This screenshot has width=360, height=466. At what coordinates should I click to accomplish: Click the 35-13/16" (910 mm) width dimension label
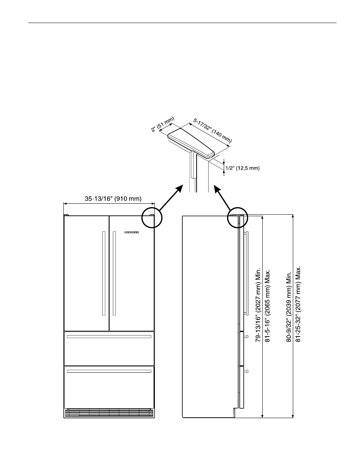[113, 198]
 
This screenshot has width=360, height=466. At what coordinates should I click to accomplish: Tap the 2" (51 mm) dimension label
[162, 125]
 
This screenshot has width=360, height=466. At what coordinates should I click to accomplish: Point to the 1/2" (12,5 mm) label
[242, 168]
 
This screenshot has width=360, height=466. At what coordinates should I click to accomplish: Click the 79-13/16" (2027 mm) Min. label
[258, 305]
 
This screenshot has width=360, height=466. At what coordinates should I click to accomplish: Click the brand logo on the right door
[132, 232]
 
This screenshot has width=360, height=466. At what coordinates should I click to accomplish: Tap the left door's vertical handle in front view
[103, 273]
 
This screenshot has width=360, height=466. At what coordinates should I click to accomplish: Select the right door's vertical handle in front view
[114, 273]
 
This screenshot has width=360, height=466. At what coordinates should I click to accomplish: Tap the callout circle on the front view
[152, 217]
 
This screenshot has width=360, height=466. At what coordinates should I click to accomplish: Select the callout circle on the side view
[238, 218]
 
